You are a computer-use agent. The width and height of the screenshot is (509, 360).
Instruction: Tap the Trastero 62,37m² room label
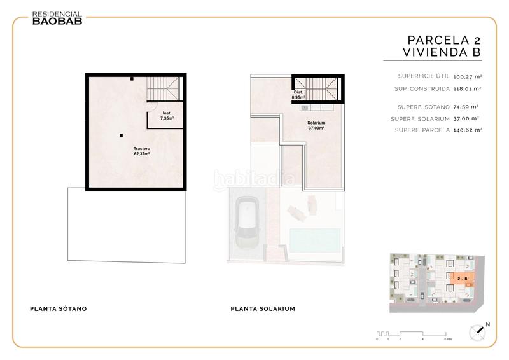pyautogui.click(x=123, y=151)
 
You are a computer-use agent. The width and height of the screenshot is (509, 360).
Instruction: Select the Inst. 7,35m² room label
pyautogui.click(x=167, y=116)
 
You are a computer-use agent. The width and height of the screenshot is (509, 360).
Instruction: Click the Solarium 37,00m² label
pyautogui.click(x=316, y=125)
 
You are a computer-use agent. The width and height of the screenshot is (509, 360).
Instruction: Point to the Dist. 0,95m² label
pyautogui.click(x=298, y=95)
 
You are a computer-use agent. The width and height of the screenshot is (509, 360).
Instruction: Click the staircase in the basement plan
pyautogui.click(x=164, y=87)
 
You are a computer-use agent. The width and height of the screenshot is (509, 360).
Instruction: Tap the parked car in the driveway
pyautogui.click(x=246, y=223)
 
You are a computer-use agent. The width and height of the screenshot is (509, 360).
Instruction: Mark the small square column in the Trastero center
pyautogui.click(x=121, y=134)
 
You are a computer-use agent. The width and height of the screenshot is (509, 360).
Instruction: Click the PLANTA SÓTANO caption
pyautogui.click(x=59, y=309)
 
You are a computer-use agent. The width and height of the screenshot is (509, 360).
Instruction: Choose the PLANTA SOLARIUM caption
pyautogui.click(x=263, y=309)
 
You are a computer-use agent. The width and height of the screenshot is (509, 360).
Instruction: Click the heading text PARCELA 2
pyautogui.click(x=439, y=39)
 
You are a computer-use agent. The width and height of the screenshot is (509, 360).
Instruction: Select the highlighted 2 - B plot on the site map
pyautogui.click(x=463, y=279)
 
